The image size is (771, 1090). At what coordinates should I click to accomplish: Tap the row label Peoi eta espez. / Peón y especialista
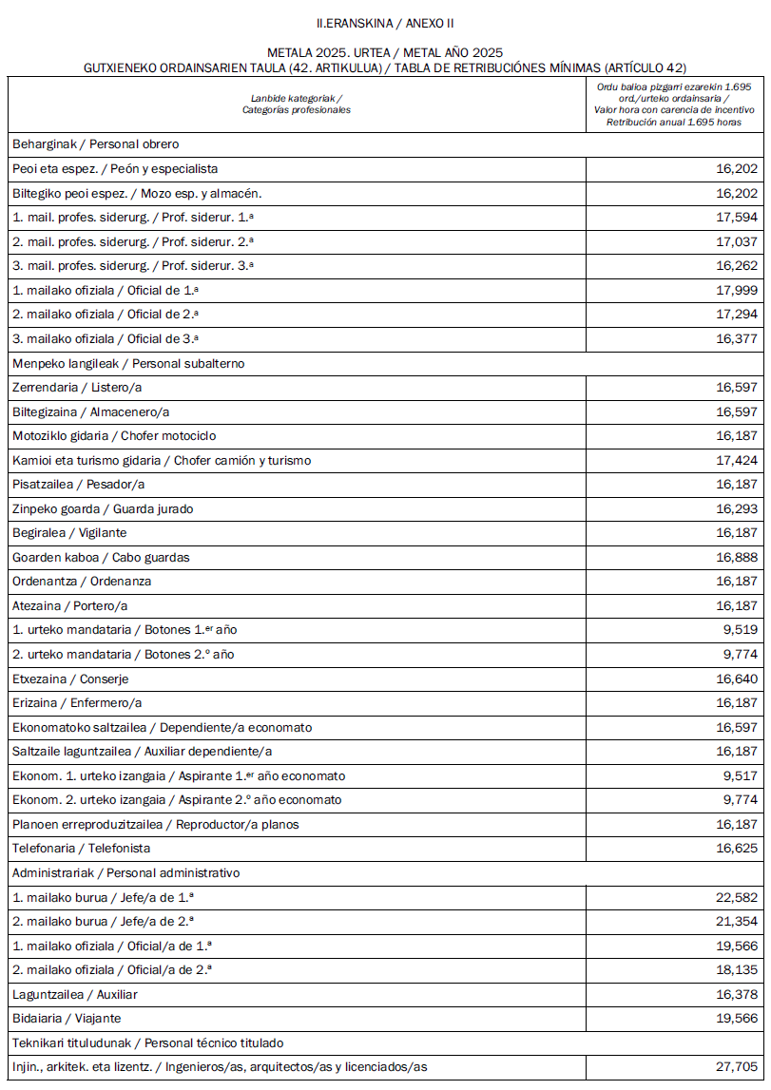[115, 169]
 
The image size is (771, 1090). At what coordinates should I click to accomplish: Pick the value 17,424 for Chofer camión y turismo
[737, 460]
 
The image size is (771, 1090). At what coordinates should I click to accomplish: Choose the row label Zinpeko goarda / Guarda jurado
[89, 509]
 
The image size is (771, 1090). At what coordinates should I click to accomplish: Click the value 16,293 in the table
[737, 509]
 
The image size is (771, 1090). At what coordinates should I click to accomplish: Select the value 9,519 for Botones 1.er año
[741, 630]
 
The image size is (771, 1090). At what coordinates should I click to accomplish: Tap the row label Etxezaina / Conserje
[70, 679]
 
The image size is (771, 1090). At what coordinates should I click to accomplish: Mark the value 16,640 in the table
[737, 679]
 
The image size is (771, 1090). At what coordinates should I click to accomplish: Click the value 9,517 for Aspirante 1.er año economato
[741, 775]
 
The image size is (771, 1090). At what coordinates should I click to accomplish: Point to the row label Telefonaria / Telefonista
[82, 848]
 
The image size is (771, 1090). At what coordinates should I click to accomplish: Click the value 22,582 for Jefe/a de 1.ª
[737, 897]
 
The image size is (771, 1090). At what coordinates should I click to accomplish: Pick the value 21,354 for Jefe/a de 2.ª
[737, 921]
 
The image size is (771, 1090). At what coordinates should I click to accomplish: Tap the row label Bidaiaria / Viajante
[67, 1019]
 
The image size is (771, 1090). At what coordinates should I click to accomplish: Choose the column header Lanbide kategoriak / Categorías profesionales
[297, 104]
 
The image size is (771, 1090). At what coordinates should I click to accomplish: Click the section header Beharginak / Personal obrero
[96, 144]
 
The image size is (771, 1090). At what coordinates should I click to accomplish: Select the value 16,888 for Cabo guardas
[737, 558]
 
